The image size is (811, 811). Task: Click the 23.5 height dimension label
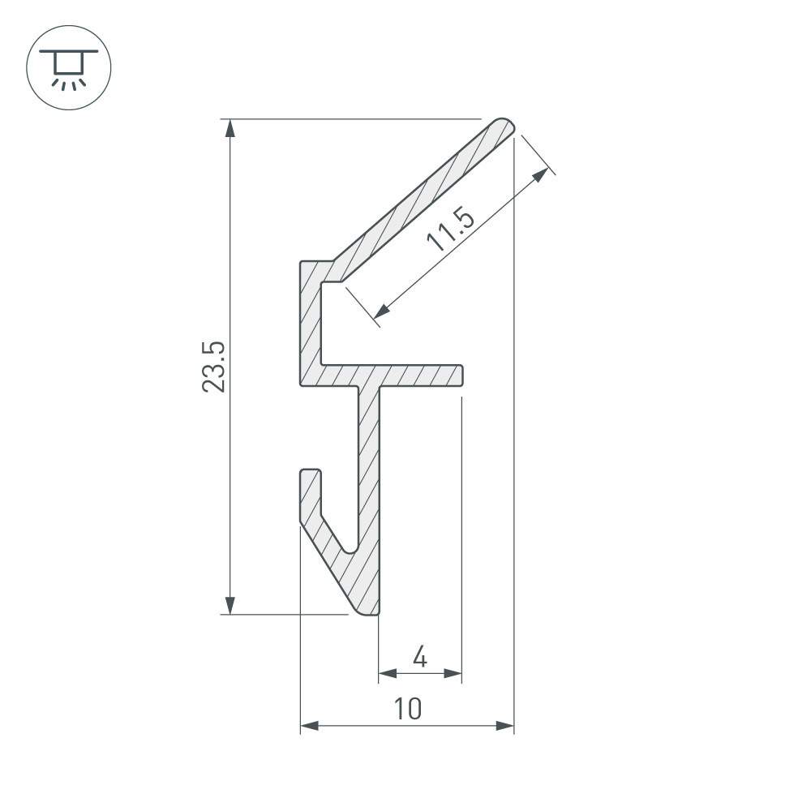tap(213, 367)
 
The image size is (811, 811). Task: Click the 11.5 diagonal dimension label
tap(447, 230)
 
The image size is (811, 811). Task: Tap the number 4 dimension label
tap(419, 656)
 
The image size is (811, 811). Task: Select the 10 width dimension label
tap(408, 709)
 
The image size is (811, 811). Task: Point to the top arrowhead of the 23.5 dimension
tap(230, 127)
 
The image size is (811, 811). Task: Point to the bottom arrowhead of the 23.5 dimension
tap(230, 606)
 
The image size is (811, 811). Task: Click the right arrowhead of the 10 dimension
tap(506, 727)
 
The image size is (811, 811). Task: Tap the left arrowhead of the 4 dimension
tap(387, 673)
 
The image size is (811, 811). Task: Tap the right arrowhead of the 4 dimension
tap(454, 673)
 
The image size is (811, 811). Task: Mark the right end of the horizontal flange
tap(460, 375)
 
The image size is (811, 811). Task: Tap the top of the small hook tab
tap(310, 472)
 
